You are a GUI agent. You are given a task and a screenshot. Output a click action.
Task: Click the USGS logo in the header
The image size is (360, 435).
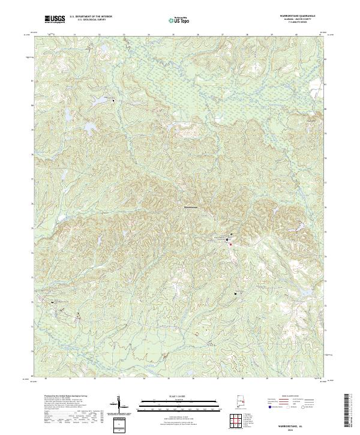[55, 19]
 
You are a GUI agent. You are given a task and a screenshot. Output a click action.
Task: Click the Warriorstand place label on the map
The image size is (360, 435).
[190, 208]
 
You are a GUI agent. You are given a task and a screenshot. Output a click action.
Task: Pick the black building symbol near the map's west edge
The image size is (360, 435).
[52, 302]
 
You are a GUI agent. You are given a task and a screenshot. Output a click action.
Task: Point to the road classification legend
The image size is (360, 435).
[293, 403]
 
